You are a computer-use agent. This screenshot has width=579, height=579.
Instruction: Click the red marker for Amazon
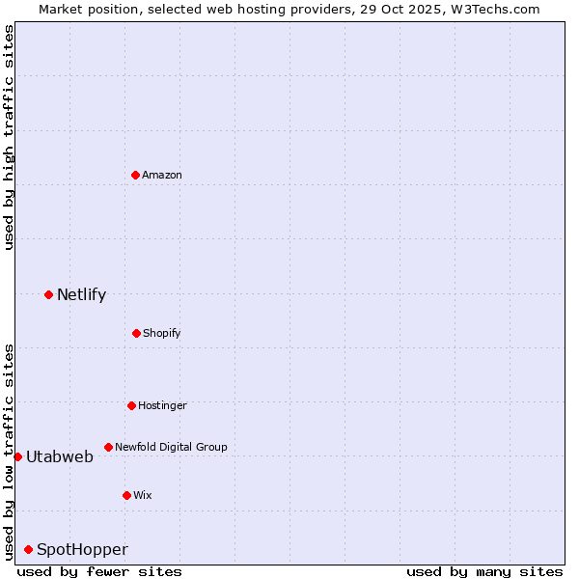pos(135,175)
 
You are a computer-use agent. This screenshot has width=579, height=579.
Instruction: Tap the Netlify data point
pos(48,294)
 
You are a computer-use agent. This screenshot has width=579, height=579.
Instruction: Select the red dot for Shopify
pos(136,333)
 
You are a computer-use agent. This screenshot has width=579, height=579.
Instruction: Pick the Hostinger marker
pos(131,405)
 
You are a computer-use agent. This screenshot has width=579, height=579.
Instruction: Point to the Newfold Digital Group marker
pos(108,447)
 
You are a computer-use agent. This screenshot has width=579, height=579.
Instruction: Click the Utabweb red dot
pos(17,456)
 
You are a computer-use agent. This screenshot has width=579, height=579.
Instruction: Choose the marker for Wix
pos(126,495)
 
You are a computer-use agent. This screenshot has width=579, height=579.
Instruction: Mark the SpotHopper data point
pos(28,549)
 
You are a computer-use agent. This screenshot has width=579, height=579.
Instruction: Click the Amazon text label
pos(162,175)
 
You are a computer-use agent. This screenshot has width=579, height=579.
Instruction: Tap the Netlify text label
pos(81,295)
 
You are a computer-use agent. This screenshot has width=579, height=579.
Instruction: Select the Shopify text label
pos(162,333)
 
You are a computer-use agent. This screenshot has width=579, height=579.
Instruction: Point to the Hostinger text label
pos(162,405)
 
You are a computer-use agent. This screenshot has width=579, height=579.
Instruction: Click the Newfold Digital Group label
pos(171,447)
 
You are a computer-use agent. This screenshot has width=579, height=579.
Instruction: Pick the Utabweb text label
pos(60,457)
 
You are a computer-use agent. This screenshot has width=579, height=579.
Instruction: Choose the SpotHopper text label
pos(82,550)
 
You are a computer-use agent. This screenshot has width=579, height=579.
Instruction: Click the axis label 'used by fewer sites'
pos(99,571)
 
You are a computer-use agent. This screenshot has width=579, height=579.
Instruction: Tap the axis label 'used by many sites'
pos(484,571)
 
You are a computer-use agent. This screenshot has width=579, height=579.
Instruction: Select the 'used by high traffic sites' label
pos(9,137)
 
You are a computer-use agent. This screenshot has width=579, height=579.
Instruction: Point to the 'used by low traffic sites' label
pos(9,452)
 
